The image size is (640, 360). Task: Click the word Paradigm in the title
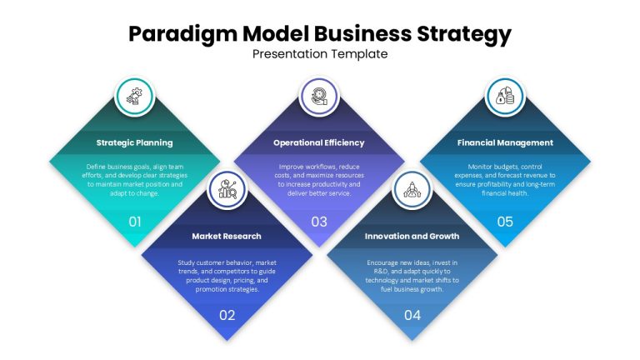click(x=182, y=34)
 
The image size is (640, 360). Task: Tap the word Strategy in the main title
click(x=463, y=34)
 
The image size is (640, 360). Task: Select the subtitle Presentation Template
click(x=320, y=54)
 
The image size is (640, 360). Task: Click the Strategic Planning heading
click(x=135, y=142)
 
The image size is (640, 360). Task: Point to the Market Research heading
click(x=227, y=236)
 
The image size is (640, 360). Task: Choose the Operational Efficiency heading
click(x=319, y=142)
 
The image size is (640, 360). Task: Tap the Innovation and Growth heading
click(x=412, y=236)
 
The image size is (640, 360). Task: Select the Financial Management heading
click(x=505, y=142)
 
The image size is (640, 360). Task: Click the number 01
click(x=135, y=222)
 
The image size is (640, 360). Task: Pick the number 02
click(x=227, y=315)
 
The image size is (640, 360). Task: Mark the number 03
click(x=319, y=222)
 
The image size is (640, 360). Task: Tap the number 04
click(x=412, y=315)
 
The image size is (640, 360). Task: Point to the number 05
click(x=505, y=222)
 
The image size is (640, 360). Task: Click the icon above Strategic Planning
click(x=135, y=97)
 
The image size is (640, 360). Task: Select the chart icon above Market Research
click(x=227, y=190)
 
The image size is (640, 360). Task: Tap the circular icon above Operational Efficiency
click(x=319, y=97)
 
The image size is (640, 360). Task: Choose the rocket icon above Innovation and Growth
click(x=412, y=190)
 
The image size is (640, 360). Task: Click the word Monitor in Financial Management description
click(x=480, y=167)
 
